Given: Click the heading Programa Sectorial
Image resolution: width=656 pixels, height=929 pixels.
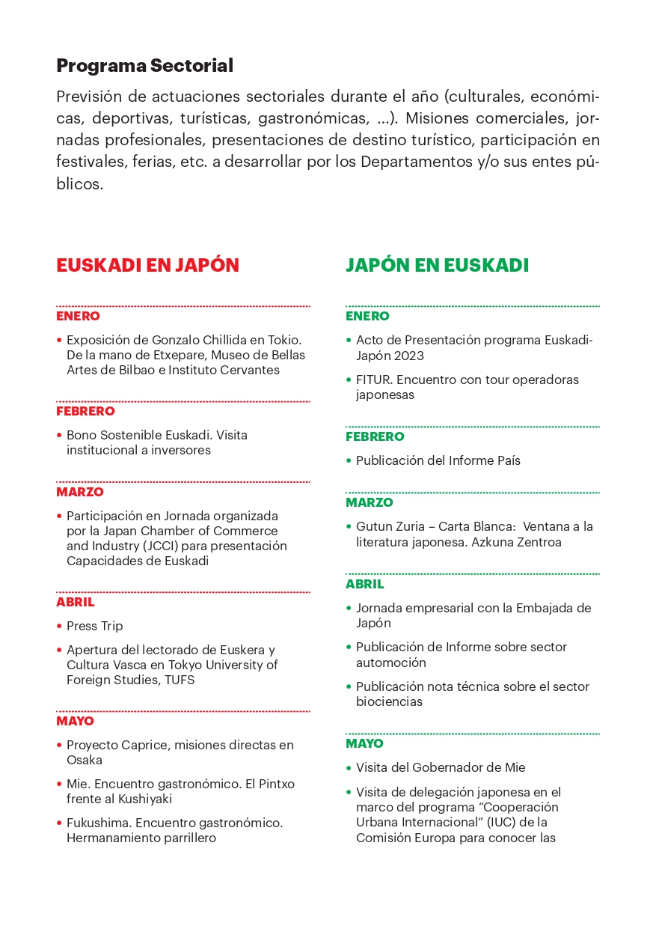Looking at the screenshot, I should click(x=144, y=66).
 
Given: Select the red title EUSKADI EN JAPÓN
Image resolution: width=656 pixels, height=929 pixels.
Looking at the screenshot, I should click(x=147, y=265).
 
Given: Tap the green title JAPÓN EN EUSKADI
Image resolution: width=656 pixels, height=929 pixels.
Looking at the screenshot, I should click(x=437, y=265).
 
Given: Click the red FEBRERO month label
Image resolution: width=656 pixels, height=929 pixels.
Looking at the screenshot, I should click(x=85, y=411).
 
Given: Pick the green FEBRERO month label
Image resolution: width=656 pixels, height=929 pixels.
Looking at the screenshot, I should click(x=375, y=436).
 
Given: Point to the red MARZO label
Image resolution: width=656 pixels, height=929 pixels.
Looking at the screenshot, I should click(x=79, y=492).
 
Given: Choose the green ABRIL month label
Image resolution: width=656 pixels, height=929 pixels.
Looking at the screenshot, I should click(x=364, y=584).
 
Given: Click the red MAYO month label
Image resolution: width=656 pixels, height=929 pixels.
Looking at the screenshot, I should click(x=75, y=721).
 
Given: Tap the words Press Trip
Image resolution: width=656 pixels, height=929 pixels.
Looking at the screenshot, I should click(x=94, y=626).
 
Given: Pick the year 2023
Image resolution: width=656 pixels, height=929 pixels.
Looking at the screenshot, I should click(x=410, y=356).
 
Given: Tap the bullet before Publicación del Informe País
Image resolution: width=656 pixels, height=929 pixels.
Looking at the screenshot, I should click(x=349, y=460).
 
